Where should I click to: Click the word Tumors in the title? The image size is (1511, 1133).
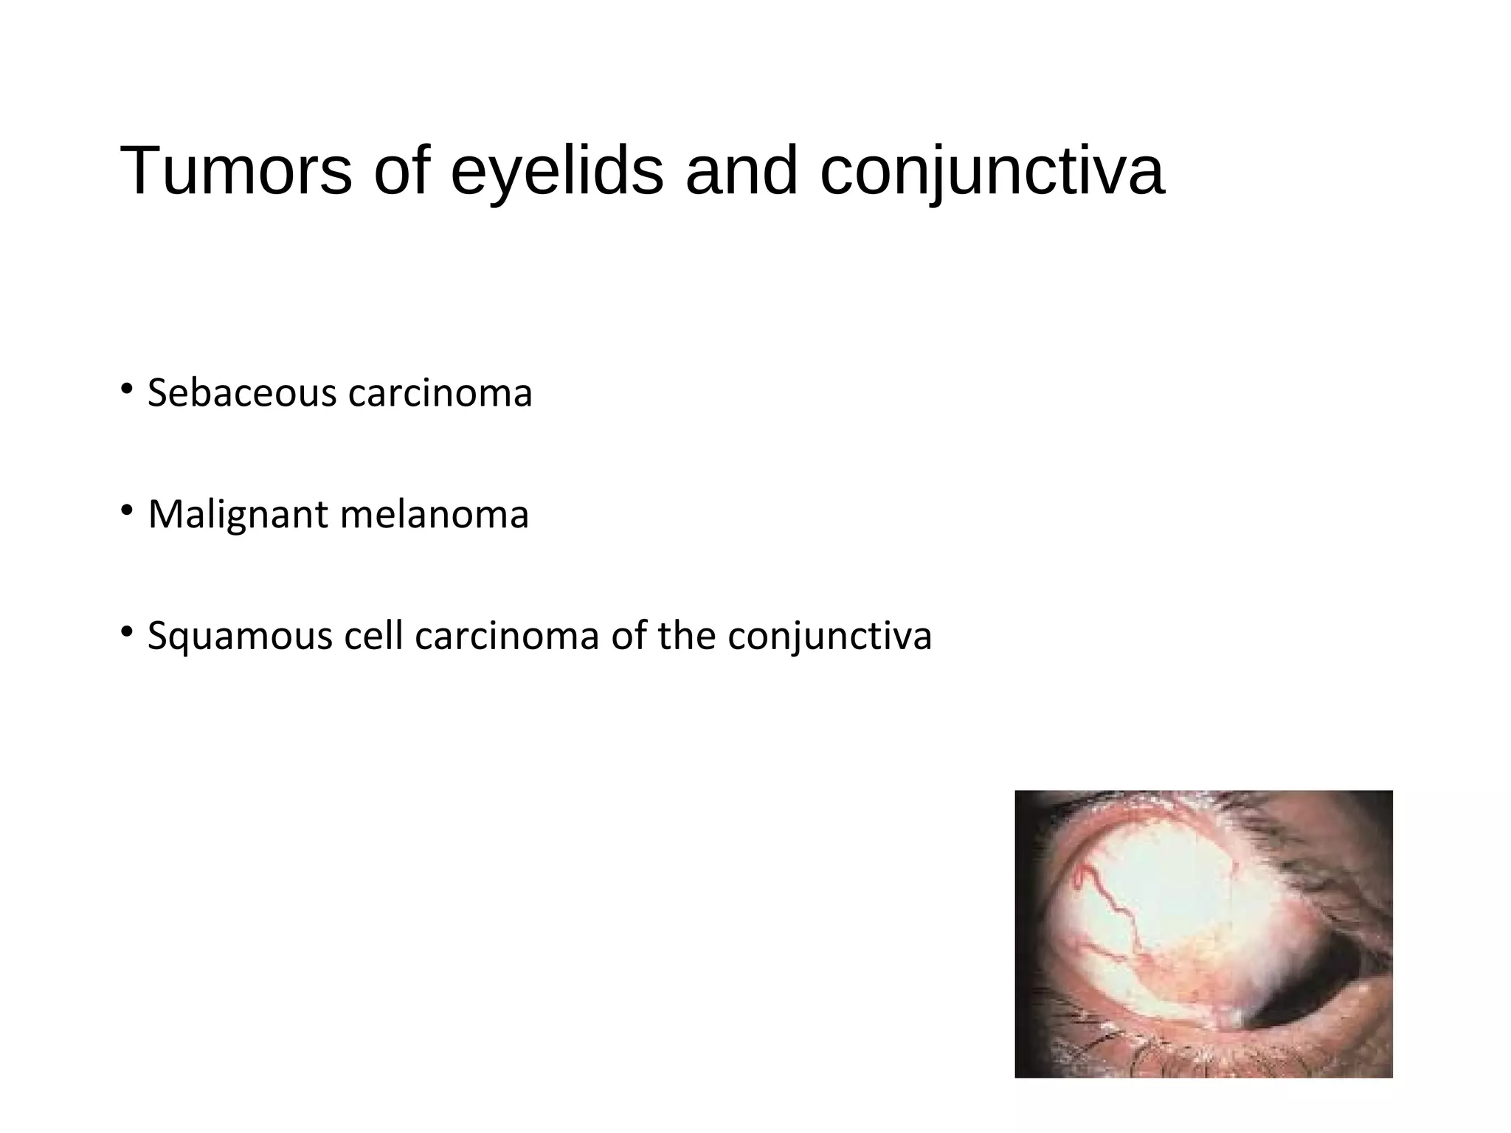pyautogui.click(x=235, y=171)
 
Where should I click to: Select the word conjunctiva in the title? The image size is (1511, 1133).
pyautogui.click(x=992, y=171)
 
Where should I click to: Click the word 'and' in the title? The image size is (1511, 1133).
pyautogui.click(x=741, y=171)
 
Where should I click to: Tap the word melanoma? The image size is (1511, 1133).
pyautogui.click(x=435, y=514)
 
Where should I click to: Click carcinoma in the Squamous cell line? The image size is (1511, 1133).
pyautogui.click(x=507, y=636)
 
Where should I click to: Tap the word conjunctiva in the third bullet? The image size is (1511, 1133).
pyautogui.click(x=829, y=636)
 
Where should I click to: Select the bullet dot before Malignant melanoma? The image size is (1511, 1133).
pyautogui.click(x=127, y=510)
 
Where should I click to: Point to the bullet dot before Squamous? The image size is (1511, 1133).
pyautogui.click(x=127, y=631)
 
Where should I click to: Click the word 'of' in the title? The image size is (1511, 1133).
pyautogui.click(x=402, y=171)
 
